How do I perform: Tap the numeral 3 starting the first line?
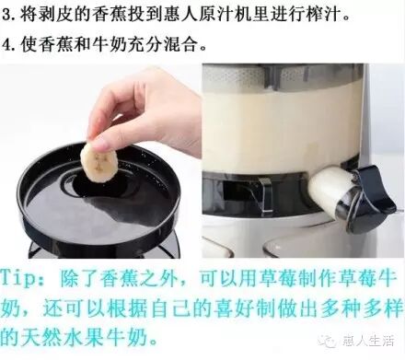tap(6, 15)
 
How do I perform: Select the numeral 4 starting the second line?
tap(6, 45)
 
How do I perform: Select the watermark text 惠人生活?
tap(368, 341)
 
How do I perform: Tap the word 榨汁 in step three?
tap(321, 15)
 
